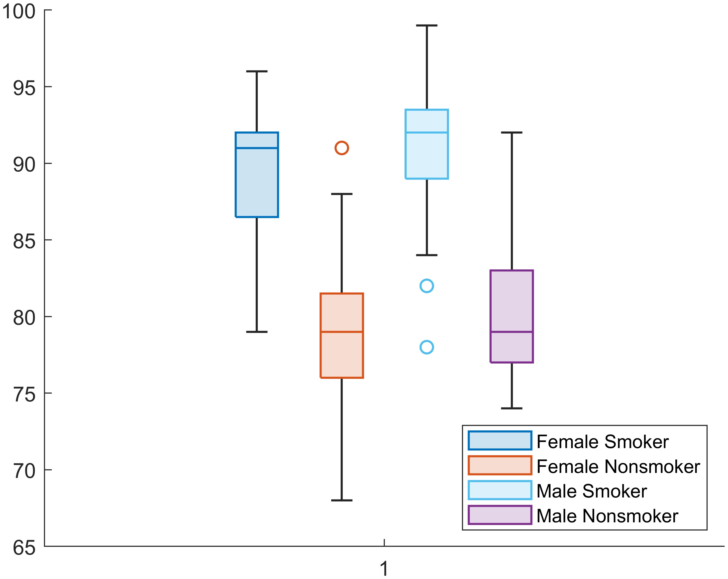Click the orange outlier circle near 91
[x=342, y=148]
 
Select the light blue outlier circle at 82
[x=427, y=286]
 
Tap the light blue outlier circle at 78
[x=427, y=347]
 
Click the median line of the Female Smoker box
[x=257, y=148]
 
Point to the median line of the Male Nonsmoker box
[x=511, y=332]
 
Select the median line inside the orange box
[x=342, y=332]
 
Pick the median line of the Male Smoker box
[x=427, y=132]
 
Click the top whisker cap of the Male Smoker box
[x=427, y=25]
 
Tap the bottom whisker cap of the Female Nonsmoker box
[x=342, y=500]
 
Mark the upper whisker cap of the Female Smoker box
[x=257, y=71]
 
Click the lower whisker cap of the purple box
[x=511, y=408]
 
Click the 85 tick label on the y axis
[x=24, y=241]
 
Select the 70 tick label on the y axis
[x=24, y=471]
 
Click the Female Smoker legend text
[x=602, y=442]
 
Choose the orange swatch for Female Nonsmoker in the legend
[x=500, y=465]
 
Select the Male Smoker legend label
[x=592, y=491]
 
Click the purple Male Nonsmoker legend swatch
[x=500, y=515]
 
